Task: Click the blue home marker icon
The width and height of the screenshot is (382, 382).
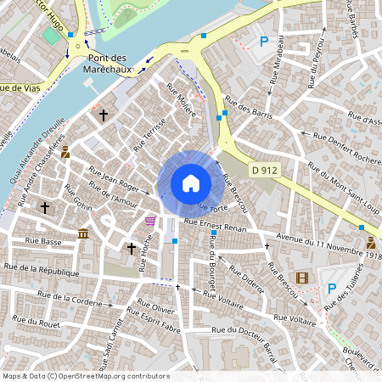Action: pyautogui.click(x=190, y=183)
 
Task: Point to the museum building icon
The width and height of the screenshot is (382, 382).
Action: pyautogui.click(x=82, y=233)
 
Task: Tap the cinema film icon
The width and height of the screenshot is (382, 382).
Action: pyautogui.click(x=303, y=275)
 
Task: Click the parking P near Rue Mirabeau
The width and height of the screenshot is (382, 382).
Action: pyautogui.click(x=264, y=41)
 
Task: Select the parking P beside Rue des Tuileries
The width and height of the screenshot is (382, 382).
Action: pyautogui.click(x=332, y=289)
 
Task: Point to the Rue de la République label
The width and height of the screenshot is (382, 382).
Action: pyautogui.click(x=42, y=270)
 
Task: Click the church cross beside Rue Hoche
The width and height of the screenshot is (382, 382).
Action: pyautogui.click(x=132, y=248)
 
